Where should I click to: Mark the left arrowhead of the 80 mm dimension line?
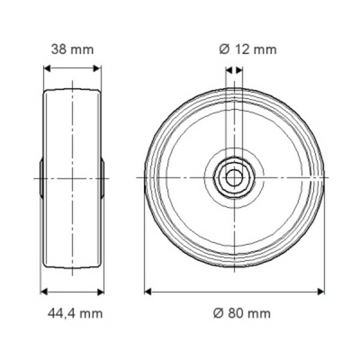click(x=149, y=291)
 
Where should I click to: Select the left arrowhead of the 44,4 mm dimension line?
click(x=40, y=291)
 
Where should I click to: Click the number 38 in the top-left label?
click(x=58, y=50)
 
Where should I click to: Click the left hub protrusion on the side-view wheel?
click(x=41, y=177)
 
